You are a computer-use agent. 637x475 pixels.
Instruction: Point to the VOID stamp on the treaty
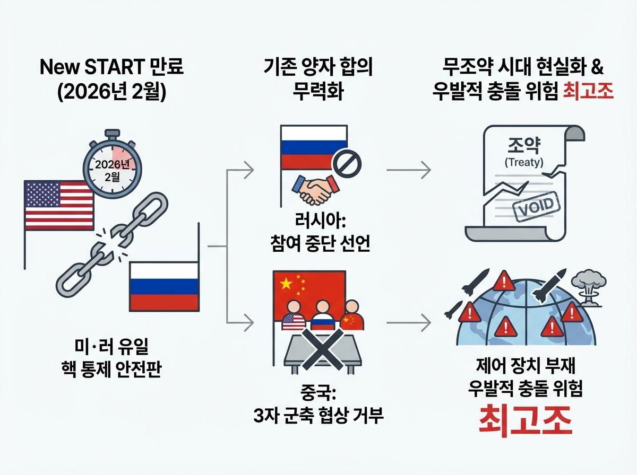tap(535, 204)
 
